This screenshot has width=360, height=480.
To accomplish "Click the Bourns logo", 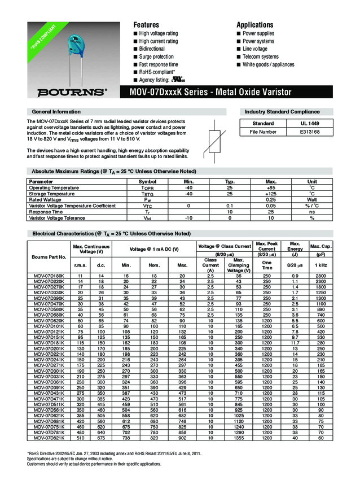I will [71, 92].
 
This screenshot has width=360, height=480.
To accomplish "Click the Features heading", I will [146, 25].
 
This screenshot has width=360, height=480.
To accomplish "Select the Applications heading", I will [255, 25].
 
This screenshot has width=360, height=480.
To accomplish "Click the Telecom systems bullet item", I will [260, 57].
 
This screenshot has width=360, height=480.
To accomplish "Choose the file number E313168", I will [310, 132].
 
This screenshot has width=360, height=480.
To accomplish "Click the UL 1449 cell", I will [310, 123].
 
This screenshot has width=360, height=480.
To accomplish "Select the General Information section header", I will [56, 112].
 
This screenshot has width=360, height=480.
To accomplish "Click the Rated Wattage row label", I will [45, 199].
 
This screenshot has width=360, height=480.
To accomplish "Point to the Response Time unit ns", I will [311, 211].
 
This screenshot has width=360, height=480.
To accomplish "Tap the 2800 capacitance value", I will [321, 274].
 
